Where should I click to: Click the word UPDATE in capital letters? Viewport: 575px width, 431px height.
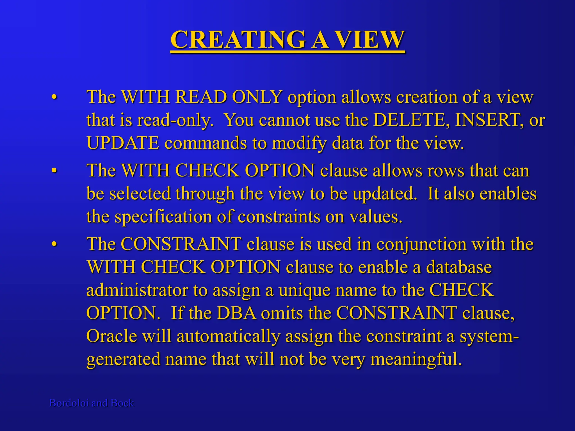click(x=123, y=143)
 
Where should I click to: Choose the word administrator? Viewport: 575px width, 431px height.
click(x=137, y=290)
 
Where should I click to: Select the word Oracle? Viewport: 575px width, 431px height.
click(x=111, y=336)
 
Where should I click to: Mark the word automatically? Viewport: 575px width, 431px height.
click(x=228, y=336)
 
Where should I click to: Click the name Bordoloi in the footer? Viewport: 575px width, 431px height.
click(x=69, y=403)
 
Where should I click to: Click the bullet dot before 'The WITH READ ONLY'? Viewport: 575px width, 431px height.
click(x=54, y=97)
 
